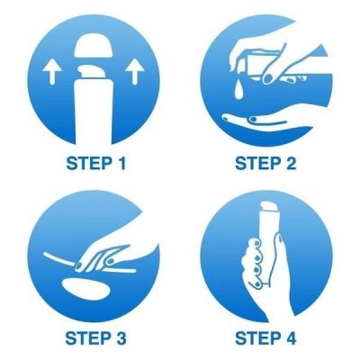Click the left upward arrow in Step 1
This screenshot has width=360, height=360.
[x=52, y=71]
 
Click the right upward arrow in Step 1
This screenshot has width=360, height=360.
[x=134, y=71]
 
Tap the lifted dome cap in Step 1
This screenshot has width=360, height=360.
[x=94, y=45]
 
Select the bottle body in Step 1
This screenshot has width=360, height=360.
[x=94, y=111]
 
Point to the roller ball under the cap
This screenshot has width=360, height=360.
[x=94, y=71]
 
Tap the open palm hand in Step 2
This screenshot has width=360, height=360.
[x=267, y=124]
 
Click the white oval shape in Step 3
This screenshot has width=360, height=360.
[x=86, y=288]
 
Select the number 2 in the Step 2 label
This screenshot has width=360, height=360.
[x=290, y=164]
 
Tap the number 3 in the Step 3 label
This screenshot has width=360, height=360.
[x=120, y=338]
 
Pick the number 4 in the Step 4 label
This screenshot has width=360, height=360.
[x=289, y=338]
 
